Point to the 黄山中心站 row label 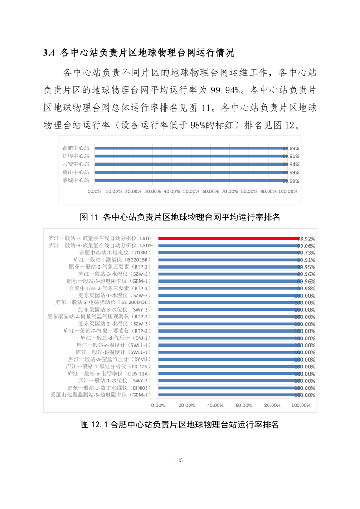tap(76, 172)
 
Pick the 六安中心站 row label tap(76, 164)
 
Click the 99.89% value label tap(291, 148)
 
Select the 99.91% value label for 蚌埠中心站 tap(291, 157)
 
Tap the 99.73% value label tap(306, 253)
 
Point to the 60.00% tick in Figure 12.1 tap(243, 406)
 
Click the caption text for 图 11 tap(180, 217)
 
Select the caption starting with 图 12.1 tap(180, 425)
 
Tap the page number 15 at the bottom tap(180, 460)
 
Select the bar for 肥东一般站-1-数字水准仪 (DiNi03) tap(228, 388)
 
